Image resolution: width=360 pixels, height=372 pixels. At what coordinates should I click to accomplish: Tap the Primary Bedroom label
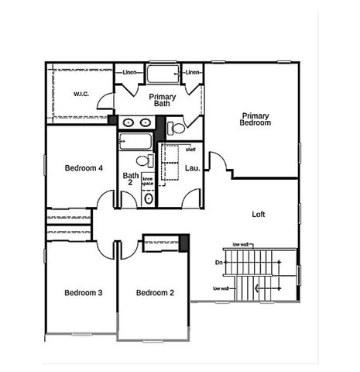click(255, 119)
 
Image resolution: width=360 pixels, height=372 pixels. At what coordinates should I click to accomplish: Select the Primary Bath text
click(163, 101)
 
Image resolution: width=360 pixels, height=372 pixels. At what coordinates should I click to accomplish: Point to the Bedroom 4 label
click(84, 168)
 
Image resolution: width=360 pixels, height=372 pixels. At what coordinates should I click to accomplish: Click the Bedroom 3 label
click(83, 292)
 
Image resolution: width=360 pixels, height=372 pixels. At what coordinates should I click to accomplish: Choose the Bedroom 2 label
click(155, 292)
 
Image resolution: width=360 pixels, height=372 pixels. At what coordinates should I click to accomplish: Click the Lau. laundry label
click(194, 168)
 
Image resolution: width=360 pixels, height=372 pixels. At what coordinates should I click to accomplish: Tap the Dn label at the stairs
click(219, 263)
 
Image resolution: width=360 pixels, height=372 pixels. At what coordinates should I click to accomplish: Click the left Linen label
click(130, 73)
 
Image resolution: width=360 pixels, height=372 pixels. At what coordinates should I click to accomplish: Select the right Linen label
click(194, 73)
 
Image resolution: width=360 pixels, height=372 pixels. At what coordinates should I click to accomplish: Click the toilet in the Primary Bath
click(177, 127)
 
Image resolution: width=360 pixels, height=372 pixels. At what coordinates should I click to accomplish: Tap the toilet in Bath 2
click(145, 161)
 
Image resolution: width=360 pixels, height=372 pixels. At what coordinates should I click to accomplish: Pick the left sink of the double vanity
click(129, 122)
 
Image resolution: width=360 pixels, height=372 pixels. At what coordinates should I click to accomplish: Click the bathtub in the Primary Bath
click(163, 75)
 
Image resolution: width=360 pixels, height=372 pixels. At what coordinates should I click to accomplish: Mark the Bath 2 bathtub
click(136, 141)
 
